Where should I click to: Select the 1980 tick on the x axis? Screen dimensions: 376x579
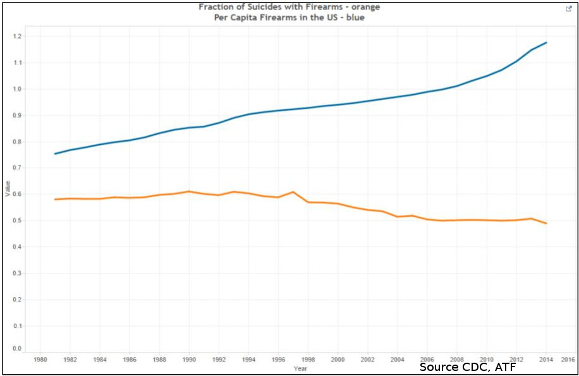[x=40, y=360]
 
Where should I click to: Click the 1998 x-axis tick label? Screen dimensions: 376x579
[x=308, y=360]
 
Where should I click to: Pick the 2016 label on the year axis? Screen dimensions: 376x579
[x=568, y=360]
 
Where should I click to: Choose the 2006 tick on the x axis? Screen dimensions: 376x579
[x=427, y=360]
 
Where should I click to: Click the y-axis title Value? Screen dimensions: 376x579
[x=8, y=188]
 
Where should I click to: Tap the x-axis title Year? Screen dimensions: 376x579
[x=300, y=368]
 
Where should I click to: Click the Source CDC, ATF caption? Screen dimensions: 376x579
[x=468, y=367]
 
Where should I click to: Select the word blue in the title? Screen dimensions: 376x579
[x=354, y=18]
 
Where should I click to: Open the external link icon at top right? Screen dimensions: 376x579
[x=568, y=9]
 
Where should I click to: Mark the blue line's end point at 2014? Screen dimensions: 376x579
[x=546, y=42]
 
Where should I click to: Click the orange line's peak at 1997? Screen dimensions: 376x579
[x=293, y=192]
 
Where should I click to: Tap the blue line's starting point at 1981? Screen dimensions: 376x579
[x=55, y=154]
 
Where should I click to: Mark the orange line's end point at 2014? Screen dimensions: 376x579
[x=546, y=223]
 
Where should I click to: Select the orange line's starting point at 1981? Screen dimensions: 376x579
[x=55, y=199]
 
